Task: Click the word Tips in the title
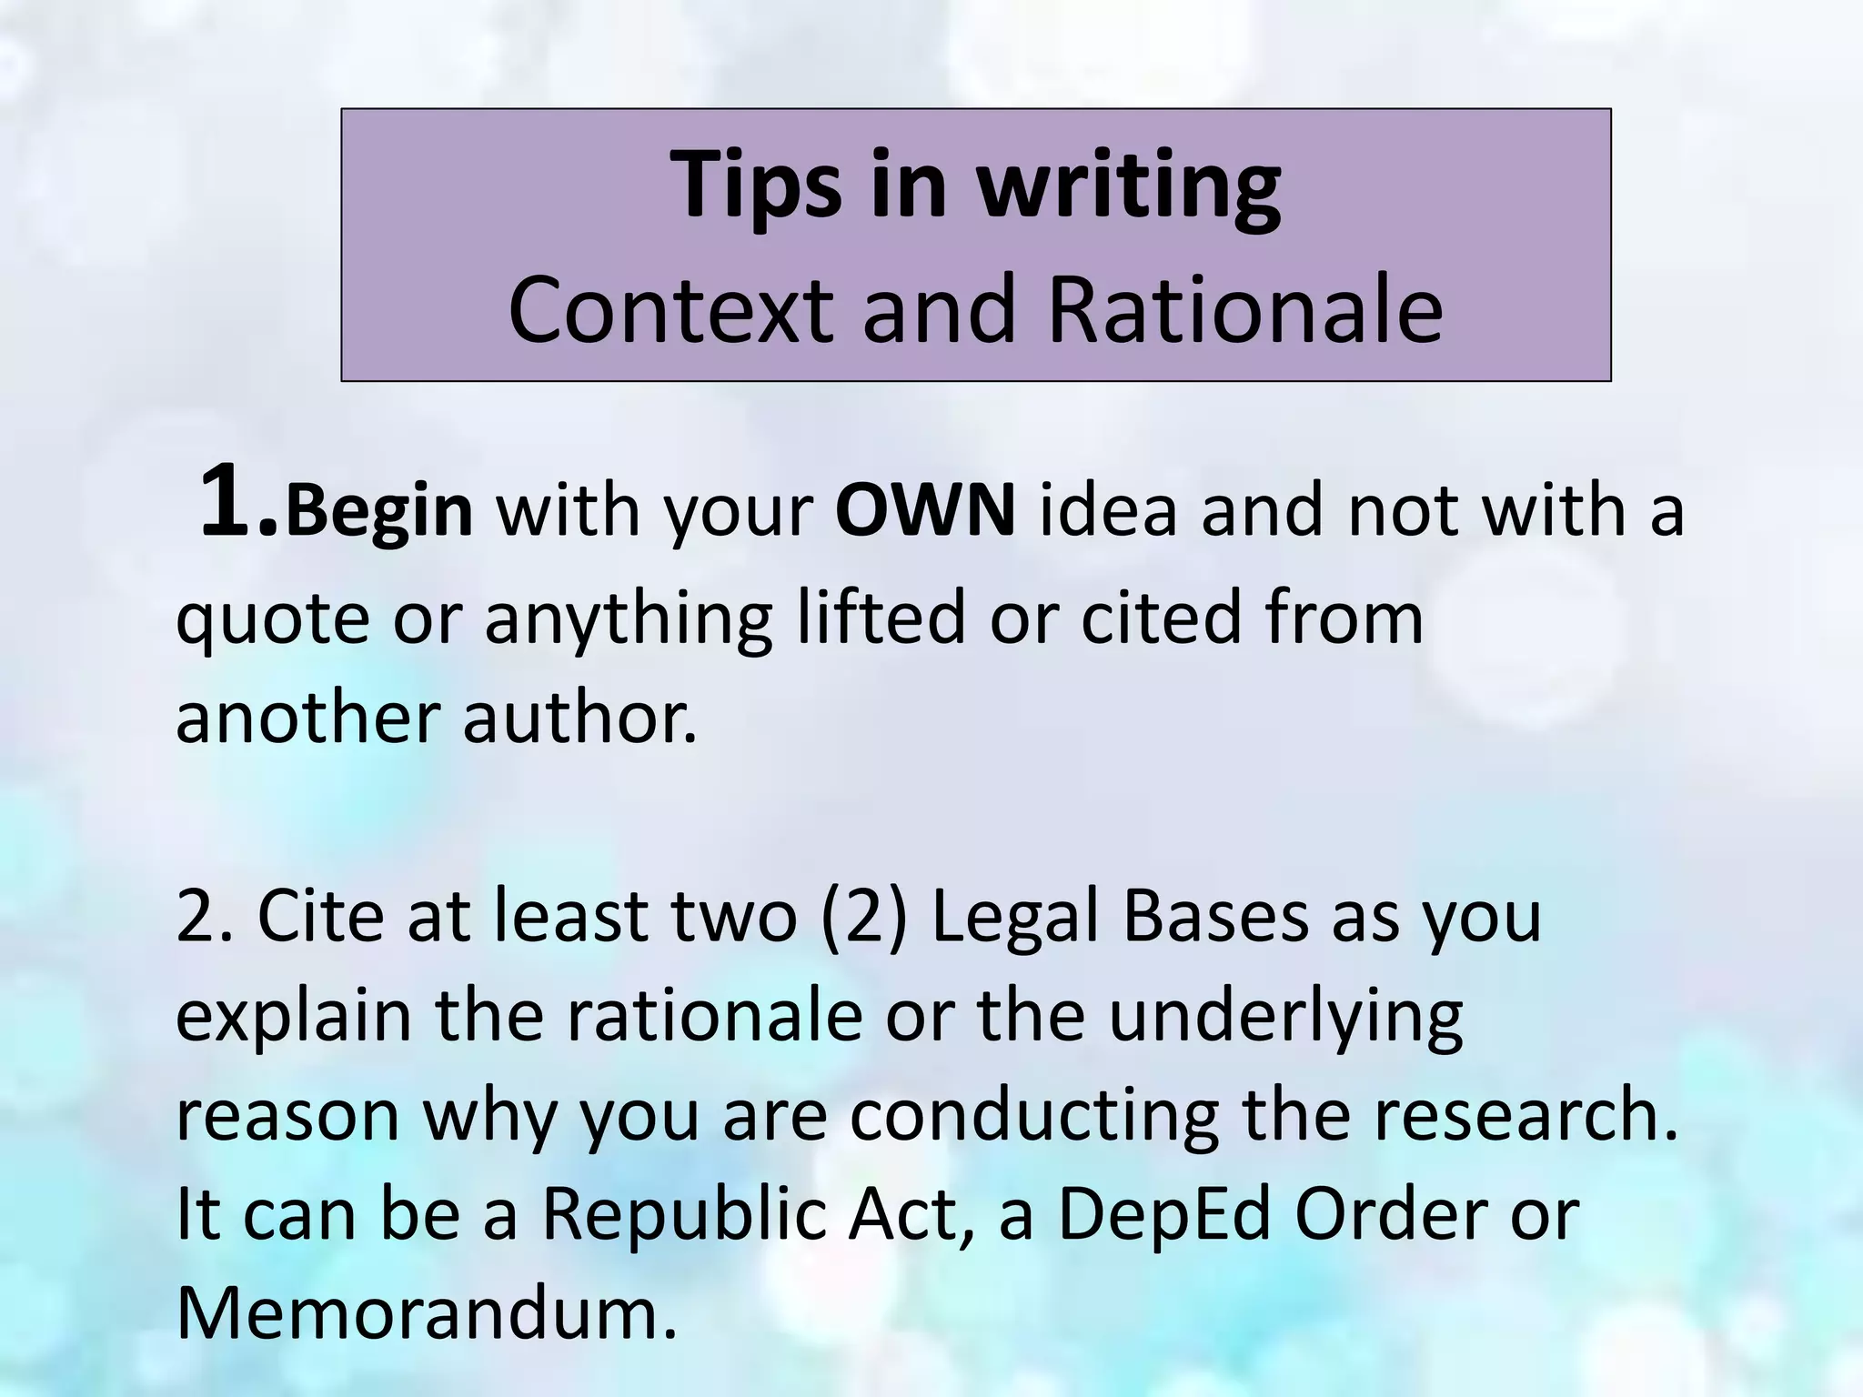click(x=756, y=186)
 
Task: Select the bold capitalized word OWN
click(x=924, y=512)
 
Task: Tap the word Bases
click(x=1214, y=917)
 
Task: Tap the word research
click(x=1525, y=1117)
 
